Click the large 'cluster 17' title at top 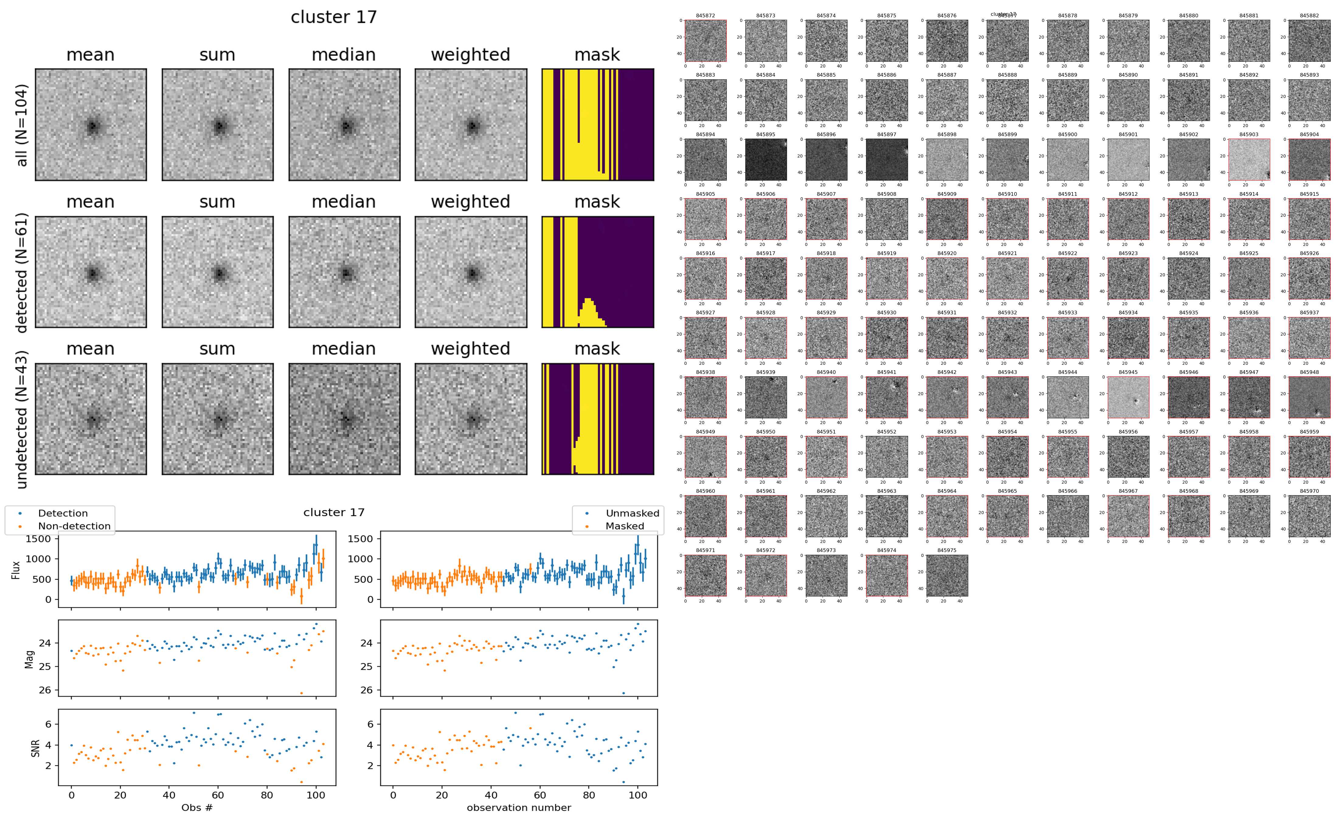click(x=333, y=17)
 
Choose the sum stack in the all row click(x=217, y=125)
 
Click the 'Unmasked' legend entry click(x=632, y=513)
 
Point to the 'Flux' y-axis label click(x=16, y=570)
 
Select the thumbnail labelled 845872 click(x=705, y=41)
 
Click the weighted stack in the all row click(x=471, y=125)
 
